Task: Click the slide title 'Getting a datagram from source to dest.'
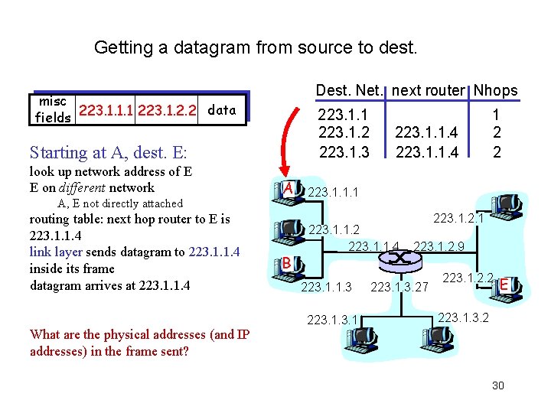256,47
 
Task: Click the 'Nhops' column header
495,91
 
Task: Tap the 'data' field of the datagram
221,110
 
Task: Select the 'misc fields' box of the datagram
53,109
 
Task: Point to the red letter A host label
289,188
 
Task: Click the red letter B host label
285,263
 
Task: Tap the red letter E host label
504,285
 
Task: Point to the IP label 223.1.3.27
399,288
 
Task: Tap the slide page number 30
497,385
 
